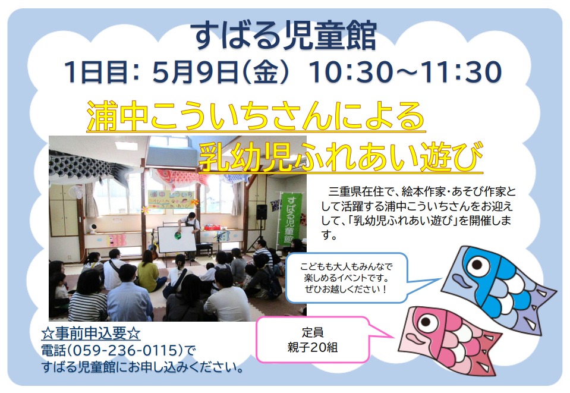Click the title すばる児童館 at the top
[285, 36]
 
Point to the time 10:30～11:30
[405, 72]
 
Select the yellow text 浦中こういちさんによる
[256, 116]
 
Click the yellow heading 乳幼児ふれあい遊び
[341, 156]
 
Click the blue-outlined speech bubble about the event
[347, 278]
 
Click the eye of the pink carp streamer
[427, 322]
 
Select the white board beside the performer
[177, 239]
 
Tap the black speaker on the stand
[262, 212]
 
